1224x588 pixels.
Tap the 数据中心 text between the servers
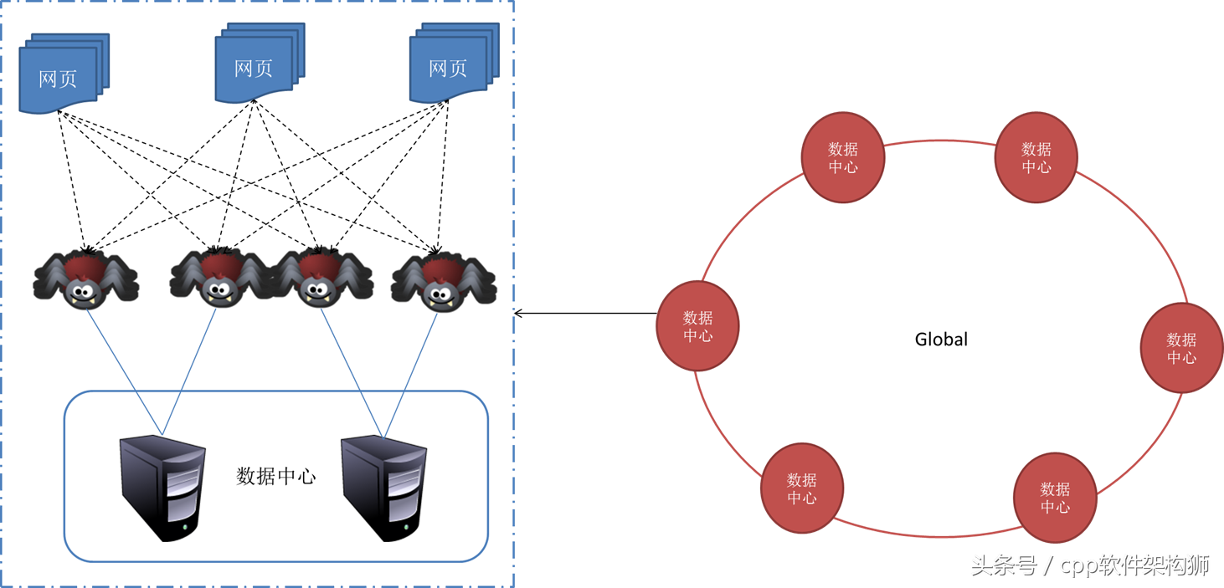click(276, 476)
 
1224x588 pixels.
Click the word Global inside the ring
click(941, 340)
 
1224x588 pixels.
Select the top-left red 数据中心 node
click(843, 157)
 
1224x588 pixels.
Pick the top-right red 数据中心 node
click(1036, 157)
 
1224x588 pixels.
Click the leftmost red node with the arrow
click(697, 326)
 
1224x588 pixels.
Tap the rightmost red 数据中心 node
click(1181, 348)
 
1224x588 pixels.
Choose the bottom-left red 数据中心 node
click(801, 488)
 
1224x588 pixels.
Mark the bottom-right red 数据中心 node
click(1055, 498)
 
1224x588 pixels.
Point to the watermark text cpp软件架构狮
click(1134, 566)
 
